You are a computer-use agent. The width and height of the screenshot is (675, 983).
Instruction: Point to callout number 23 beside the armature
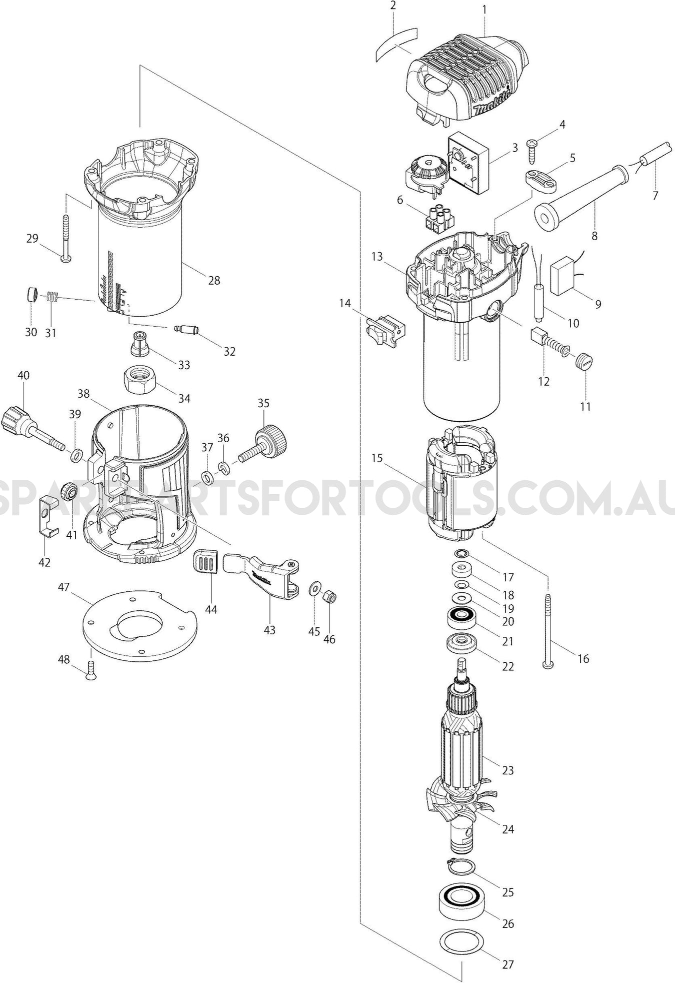(508, 770)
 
